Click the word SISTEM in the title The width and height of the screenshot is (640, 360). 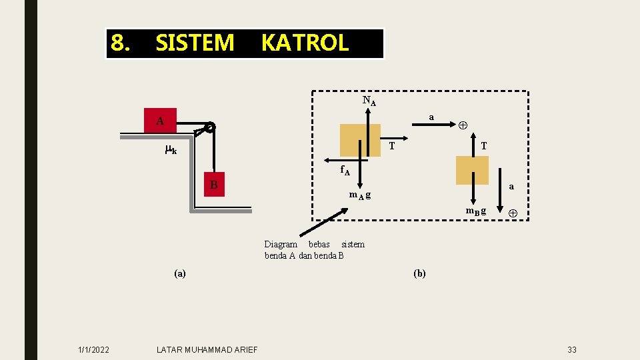point(195,43)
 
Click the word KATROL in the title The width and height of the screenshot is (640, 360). point(305,43)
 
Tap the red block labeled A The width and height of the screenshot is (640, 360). point(161,120)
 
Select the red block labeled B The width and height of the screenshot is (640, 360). point(214,184)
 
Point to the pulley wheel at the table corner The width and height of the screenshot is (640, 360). point(210,127)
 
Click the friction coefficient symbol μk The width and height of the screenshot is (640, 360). point(170,150)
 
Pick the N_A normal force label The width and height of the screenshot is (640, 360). point(369,101)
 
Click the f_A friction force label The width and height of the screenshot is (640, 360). point(345,171)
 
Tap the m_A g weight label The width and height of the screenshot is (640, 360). point(360,195)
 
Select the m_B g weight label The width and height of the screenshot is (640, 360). point(475,211)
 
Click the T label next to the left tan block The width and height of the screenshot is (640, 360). point(392,146)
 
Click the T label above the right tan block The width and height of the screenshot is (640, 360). point(483,146)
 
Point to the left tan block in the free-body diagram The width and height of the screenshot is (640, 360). point(360,140)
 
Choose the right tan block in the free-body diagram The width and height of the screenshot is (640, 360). point(472,170)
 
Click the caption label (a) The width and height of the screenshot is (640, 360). point(180,273)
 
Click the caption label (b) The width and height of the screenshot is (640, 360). point(419,273)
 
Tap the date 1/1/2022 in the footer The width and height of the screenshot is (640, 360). point(94,350)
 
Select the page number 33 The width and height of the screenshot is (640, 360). point(572,350)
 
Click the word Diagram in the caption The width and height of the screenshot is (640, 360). point(281,245)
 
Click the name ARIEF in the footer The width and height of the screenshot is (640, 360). point(244,350)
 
